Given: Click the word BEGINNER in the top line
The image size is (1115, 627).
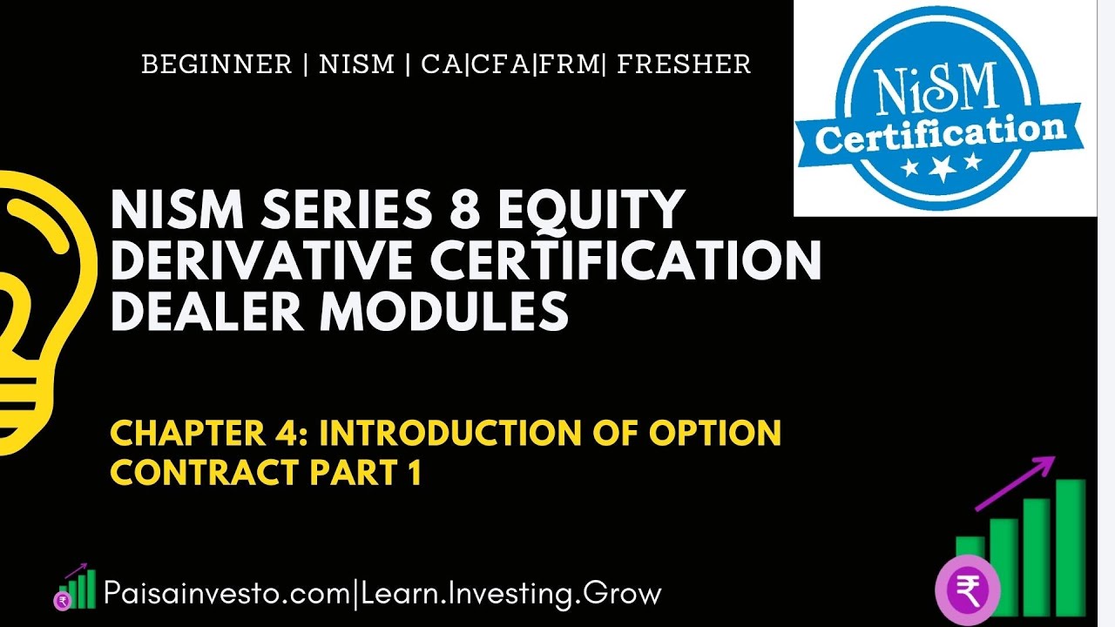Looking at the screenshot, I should tap(216, 65).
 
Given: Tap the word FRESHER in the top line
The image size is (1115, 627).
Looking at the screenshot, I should tap(684, 65).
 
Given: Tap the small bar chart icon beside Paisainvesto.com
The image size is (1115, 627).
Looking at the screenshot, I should tap(76, 588).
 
